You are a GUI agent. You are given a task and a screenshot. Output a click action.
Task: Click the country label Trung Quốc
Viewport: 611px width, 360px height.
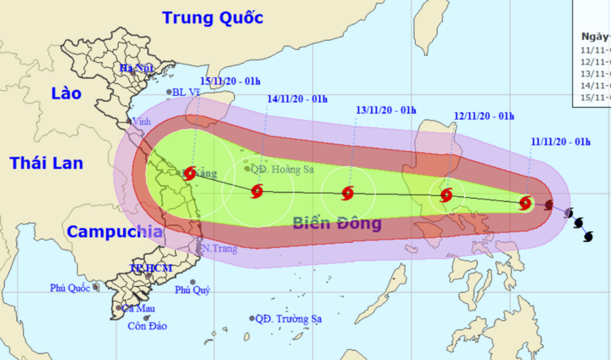click(212, 17)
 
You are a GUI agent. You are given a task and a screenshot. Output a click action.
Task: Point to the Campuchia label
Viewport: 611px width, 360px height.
click(115, 231)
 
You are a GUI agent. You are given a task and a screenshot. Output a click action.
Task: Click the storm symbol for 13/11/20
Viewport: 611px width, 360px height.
click(347, 194)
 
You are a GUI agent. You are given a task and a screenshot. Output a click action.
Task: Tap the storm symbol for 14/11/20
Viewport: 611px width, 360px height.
click(257, 192)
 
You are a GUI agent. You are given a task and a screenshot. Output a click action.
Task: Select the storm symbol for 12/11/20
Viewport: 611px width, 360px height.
click(446, 196)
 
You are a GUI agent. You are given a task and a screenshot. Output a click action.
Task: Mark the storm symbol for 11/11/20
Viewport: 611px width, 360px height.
click(525, 204)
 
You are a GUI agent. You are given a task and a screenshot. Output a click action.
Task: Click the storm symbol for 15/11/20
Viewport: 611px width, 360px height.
click(190, 172)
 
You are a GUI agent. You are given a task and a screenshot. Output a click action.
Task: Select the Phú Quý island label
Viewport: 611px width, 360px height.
click(192, 290)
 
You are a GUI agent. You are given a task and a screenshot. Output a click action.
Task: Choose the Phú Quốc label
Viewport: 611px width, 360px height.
click(70, 288)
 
